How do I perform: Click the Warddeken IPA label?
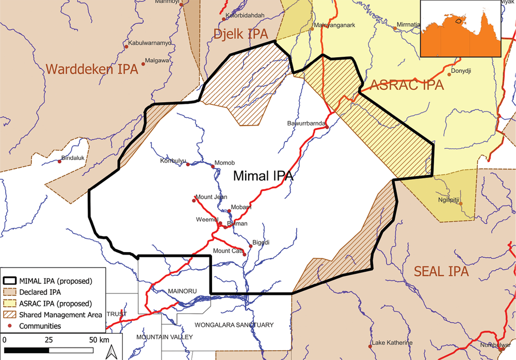(x=92, y=69)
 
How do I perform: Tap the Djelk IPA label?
(x=241, y=35)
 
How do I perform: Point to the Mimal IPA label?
(x=263, y=176)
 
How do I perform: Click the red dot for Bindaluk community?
(x=59, y=162)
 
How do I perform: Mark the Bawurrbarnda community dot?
(x=327, y=127)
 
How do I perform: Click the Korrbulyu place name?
(x=172, y=161)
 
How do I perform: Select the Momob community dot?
(x=213, y=166)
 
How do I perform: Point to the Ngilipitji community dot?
(x=462, y=203)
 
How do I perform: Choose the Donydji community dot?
(x=449, y=74)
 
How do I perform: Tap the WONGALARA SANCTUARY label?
(x=234, y=325)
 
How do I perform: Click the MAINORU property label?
(x=183, y=291)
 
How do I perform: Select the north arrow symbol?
(x=110, y=352)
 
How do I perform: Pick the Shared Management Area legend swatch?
(x=9, y=314)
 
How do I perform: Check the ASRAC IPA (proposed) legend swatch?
(x=9, y=303)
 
